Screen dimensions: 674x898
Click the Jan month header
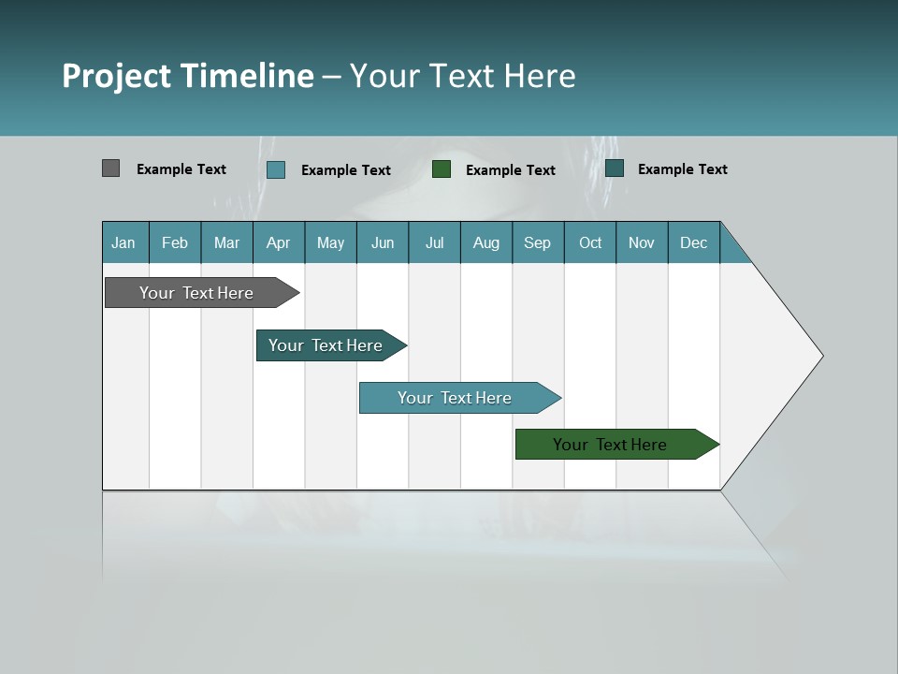coord(123,242)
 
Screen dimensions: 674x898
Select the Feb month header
coord(175,242)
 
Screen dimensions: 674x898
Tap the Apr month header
coord(278,242)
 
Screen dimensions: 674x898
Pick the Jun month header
coord(383,242)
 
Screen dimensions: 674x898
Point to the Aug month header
coord(485,242)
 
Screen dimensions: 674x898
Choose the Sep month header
coord(537,242)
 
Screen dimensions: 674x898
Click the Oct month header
coord(590,242)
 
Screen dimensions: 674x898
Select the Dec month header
coord(693,242)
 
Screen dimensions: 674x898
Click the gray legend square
coord(110,168)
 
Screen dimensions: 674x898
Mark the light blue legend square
coord(276,169)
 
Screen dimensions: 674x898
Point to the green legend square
coord(442,168)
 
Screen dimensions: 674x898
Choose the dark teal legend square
coord(615,168)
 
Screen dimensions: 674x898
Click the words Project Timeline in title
coord(188,76)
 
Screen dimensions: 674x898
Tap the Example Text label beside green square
coord(510,170)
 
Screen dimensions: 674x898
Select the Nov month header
coord(642,242)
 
